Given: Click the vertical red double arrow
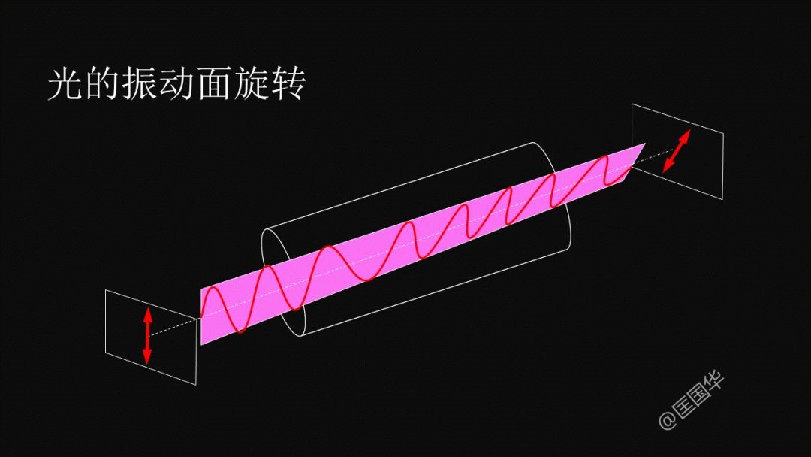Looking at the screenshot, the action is click(x=147, y=334).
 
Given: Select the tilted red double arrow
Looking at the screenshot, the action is click(x=677, y=150).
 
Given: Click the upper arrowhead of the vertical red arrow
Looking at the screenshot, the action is click(x=147, y=314).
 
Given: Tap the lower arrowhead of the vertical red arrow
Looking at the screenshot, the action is click(x=147, y=356).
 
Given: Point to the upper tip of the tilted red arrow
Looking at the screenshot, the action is click(x=690, y=129).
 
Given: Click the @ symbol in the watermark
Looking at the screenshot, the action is click(x=668, y=421).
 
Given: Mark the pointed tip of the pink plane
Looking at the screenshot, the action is click(x=645, y=144).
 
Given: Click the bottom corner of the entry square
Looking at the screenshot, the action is click(x=196, y=385).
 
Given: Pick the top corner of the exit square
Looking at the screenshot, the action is click(x=632, y=104).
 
